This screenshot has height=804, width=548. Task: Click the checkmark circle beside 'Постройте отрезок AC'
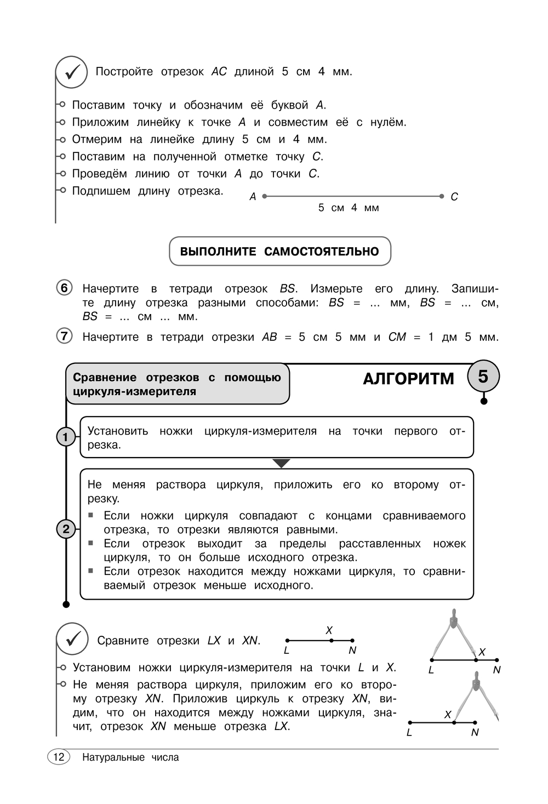coord(71,72)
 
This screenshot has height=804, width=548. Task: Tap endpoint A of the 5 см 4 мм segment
coord(265,196)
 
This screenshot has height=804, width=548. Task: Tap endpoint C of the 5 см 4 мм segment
coord(442,196)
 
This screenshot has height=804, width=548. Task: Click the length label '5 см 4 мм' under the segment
coord(349,208)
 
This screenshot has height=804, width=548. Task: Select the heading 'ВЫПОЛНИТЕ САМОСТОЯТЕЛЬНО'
coord(279,252)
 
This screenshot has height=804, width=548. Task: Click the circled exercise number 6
coord(64,288)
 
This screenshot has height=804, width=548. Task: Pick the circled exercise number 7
coord(64,336)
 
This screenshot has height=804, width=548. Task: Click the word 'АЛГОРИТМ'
coord(408,379)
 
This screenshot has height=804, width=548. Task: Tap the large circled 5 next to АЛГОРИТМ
coord(483,377)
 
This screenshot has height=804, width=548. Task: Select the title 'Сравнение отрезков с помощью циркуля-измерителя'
coord(176,384)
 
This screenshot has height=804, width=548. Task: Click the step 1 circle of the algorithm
coord(66,437)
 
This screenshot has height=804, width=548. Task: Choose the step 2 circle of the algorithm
coord(66,529)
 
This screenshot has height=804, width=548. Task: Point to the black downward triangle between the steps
coord(281,464)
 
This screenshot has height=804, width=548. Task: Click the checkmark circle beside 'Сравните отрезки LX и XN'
coord(72,639)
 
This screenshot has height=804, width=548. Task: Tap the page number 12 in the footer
coord(59,757)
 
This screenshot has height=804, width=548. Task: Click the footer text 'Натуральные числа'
coord(130,757)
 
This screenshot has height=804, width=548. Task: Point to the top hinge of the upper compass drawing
coord(453,620)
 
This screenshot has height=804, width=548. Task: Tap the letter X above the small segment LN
coord(329,630)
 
